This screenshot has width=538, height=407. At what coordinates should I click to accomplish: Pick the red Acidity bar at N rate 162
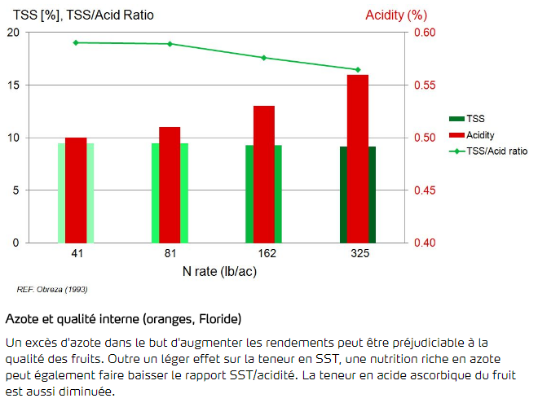coord(264,174)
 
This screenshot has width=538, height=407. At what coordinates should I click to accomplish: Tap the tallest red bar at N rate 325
coord(358,159)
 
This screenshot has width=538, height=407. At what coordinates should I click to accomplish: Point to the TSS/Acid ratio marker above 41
coord(76,42)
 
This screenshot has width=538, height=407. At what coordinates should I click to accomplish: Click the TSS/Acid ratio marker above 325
coord(358,70)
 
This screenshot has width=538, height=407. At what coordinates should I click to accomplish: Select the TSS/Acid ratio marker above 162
coord(264,58)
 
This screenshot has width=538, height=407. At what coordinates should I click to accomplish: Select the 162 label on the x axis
coord(264,255)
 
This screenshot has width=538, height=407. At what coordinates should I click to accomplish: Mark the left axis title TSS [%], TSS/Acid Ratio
coord(83,15)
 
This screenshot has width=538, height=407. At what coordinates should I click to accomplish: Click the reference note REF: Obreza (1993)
coord(52,289)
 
